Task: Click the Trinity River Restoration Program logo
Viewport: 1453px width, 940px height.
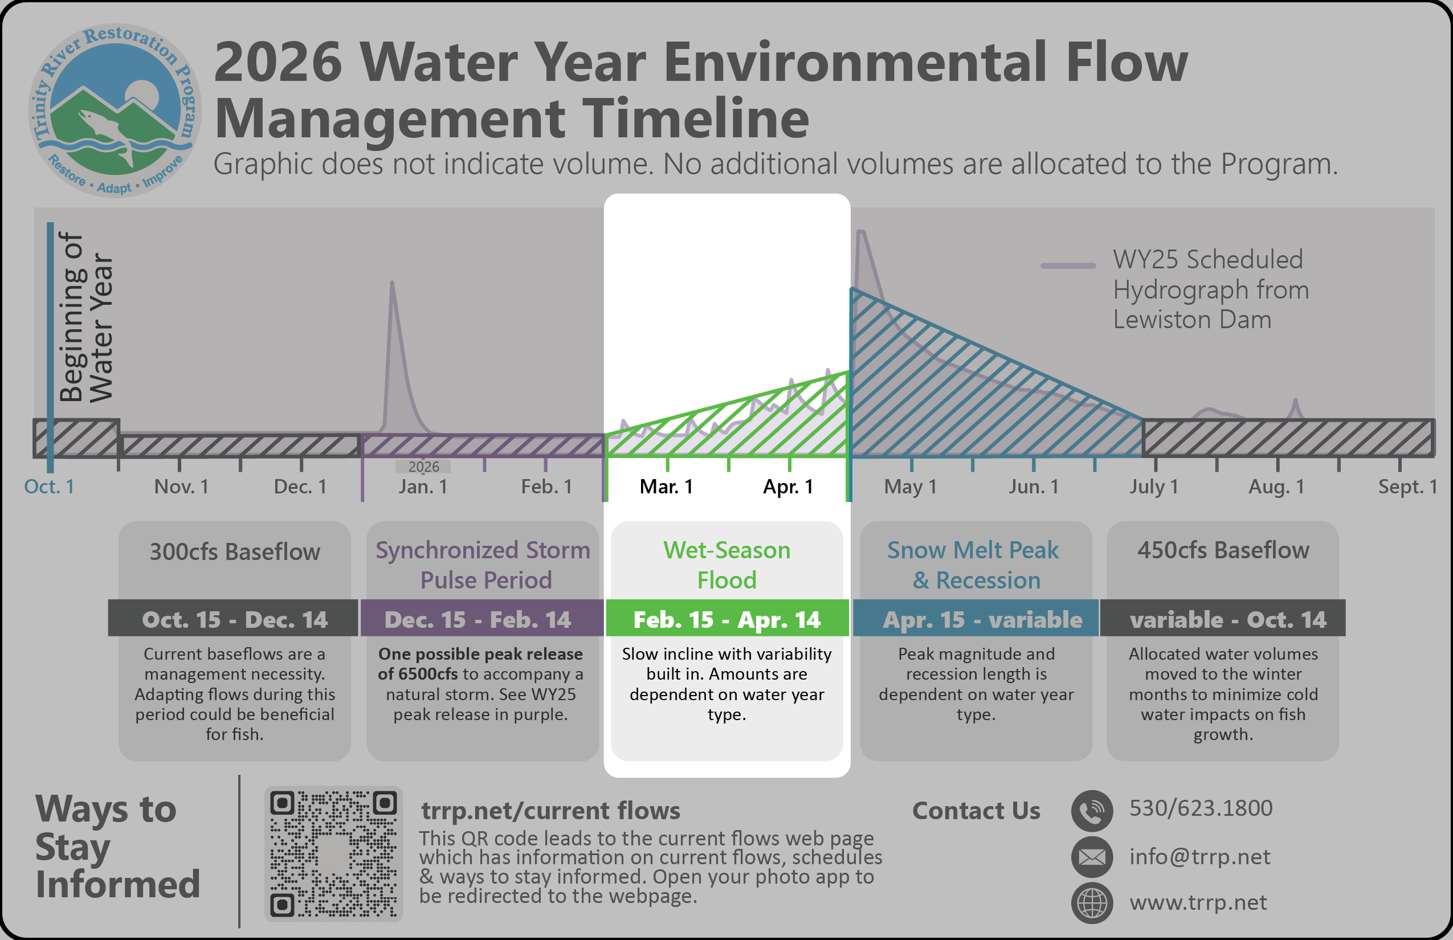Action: point(114,111)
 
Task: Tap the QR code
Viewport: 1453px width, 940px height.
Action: point(333,853)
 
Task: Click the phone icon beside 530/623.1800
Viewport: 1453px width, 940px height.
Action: point(1092,811)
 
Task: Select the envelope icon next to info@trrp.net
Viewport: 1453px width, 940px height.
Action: point(1092,857)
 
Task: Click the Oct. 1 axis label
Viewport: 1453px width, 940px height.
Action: point(50,487)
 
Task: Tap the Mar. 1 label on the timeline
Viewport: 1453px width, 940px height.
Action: point(667,487)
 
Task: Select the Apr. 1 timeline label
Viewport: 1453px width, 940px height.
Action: point(788,487)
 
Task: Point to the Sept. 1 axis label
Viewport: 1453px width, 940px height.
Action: point(1408,487)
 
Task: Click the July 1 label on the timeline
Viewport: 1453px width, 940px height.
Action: point(1154,487)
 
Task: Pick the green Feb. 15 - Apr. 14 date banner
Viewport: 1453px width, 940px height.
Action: point(727,618)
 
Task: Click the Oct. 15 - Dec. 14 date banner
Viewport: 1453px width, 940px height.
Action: point(234,618)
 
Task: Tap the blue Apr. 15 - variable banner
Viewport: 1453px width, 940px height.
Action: point(976,618)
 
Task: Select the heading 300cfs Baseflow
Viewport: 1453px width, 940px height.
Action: point(235,552)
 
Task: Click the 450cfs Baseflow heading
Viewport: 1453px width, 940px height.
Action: point(1223,550)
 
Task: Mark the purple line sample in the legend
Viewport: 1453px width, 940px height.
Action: point(1068,265)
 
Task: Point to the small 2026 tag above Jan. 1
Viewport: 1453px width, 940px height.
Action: point(424,467)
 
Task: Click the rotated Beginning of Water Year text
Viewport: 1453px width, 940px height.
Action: point(86,317)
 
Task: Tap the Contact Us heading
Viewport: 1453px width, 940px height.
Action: point(976,811)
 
